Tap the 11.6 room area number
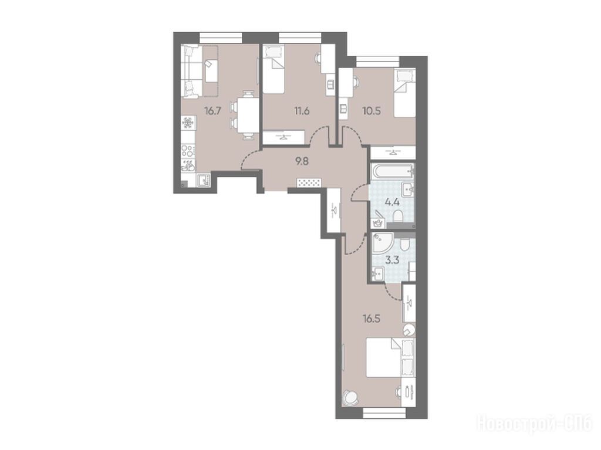click(x=302, y=111)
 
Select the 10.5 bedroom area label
click(x=372, y=111)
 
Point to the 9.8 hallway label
click(x=302, y=161)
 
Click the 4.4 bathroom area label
click(x=391, y=202)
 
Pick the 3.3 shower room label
click(x=391, y=260)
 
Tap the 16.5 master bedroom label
click(x=372, y=319)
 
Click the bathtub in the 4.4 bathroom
click(x=393, y=171)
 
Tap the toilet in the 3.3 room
click(x=404, y=245)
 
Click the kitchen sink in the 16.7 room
click(x=203, y=180)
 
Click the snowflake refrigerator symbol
click(x=188, y=123)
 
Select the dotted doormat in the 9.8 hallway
click(x=309, y=183)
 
